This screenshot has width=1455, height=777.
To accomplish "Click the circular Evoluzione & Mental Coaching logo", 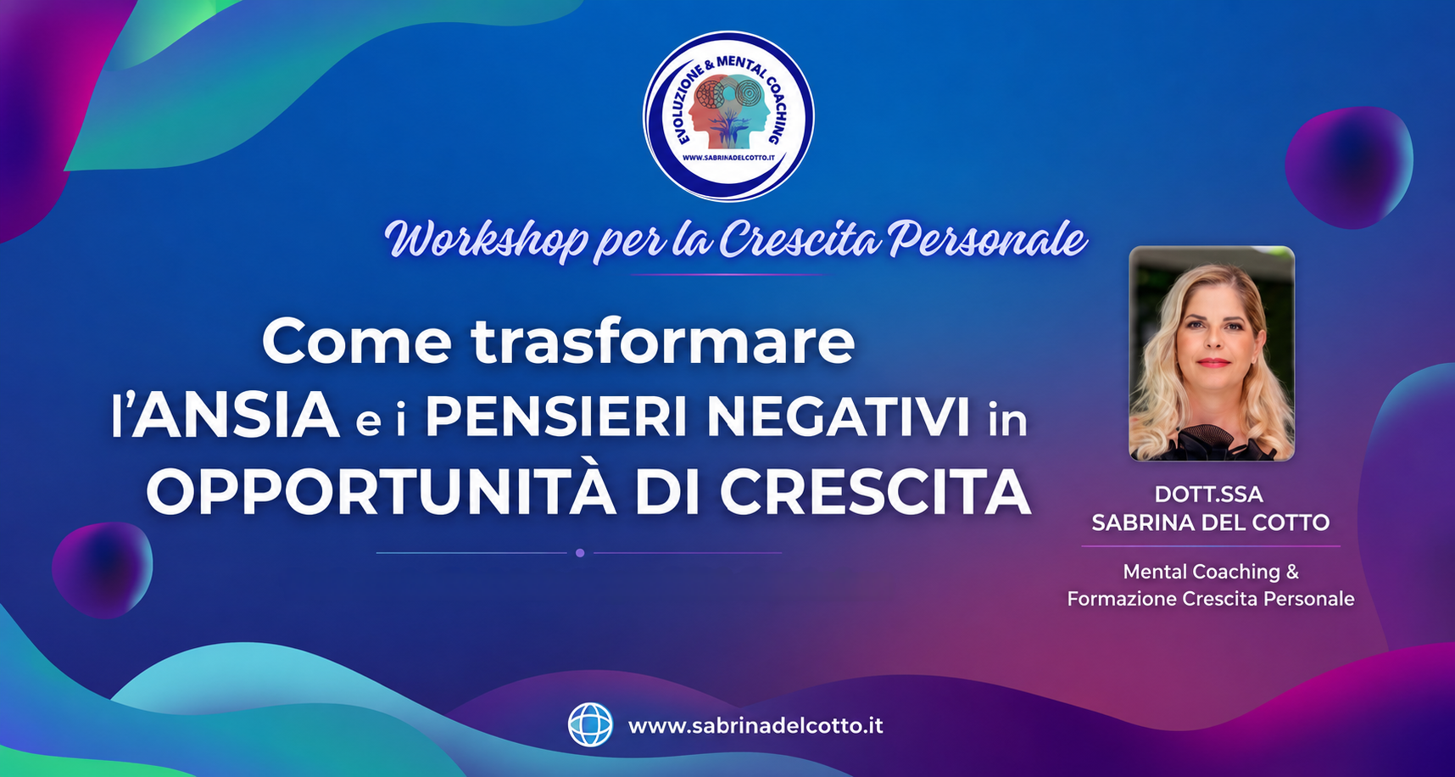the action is point(728,116).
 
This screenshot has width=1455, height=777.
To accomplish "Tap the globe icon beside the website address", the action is point(590,725).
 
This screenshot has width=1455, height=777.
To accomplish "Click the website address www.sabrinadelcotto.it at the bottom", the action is point(755,726).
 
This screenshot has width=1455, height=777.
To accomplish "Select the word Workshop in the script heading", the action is point(487,240).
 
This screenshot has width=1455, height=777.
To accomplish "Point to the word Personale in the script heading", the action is point(987,240).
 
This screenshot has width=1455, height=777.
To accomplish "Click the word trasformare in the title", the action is point(663,342).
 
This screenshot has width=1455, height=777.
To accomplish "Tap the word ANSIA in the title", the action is point(235,416).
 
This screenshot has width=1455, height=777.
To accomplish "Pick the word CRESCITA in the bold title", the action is point(876,491).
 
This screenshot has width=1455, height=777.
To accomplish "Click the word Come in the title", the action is point(357,342).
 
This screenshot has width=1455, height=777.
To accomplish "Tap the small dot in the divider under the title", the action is point(580,553).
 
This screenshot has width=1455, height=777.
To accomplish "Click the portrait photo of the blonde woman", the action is point(1212,354).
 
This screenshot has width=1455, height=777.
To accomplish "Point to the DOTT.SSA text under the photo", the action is point(1208,495).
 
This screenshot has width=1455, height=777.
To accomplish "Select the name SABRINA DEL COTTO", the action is point(1210,523).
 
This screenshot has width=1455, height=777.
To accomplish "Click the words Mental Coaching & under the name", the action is point(1210,572).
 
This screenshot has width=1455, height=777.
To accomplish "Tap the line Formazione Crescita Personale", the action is point(1210,599).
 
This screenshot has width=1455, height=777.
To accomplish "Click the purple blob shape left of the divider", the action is point(102,569).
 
